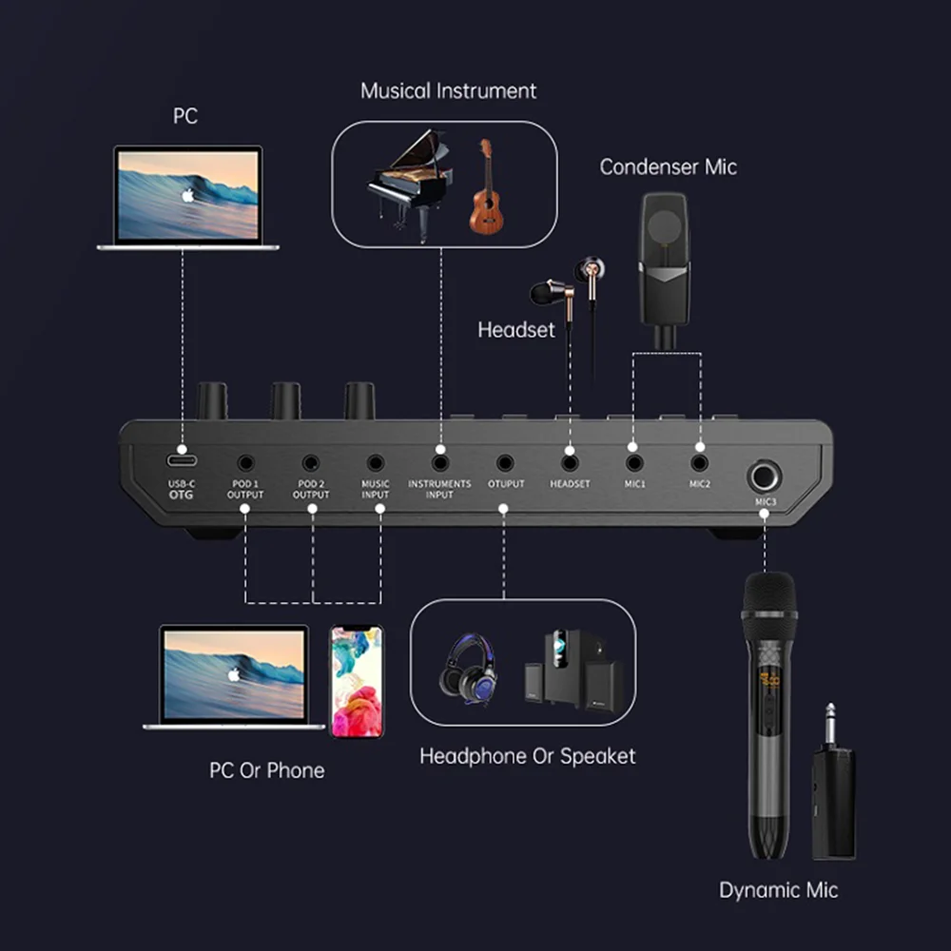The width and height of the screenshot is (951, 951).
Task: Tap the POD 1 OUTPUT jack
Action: (246, 463)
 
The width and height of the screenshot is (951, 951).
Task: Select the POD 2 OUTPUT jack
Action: (311, 463)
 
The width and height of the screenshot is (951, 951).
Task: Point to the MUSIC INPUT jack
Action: (376, 463)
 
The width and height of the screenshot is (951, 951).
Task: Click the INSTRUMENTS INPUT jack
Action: (439, 463)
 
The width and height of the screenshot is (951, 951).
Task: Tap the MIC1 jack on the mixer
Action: (634, 463)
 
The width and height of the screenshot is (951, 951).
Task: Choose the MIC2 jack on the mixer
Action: (699, 463)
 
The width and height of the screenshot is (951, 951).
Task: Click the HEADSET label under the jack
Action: (570, 484)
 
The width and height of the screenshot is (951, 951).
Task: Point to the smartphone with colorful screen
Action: (357, 681)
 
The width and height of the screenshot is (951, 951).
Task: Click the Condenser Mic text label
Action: (668, 167)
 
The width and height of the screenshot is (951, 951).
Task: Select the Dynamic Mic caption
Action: (779, 890)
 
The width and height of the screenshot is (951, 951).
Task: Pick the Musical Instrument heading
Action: (448, 91)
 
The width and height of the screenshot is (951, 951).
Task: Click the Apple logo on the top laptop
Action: (187, 195)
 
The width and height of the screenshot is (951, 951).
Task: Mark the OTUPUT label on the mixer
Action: (505, 484)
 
